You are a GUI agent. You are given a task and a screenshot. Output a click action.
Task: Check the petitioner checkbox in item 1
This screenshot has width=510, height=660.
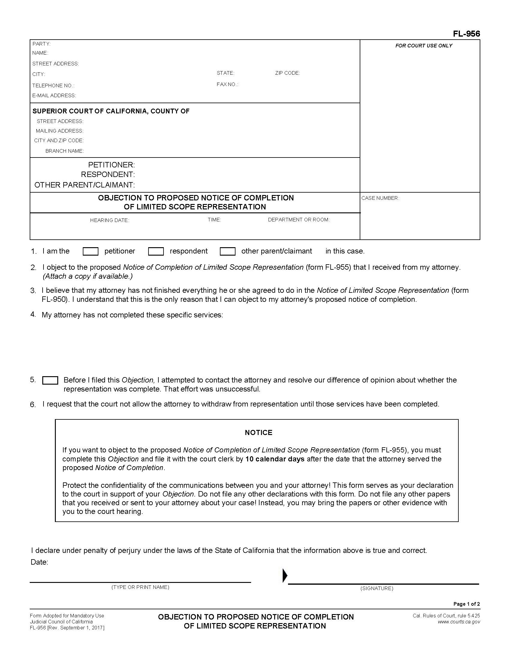pos(90,251)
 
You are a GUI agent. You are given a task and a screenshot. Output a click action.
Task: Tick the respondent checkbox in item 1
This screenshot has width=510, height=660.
pos(156,251)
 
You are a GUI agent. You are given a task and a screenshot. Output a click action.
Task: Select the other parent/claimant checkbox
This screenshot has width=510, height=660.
pos(227,251)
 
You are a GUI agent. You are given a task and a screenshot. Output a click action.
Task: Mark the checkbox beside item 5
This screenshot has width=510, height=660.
pos(50,380)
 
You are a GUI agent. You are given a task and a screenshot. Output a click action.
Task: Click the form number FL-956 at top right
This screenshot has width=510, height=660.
pos(466,34)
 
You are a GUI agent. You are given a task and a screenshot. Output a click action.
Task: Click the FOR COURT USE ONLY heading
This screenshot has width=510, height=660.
pos(424,46)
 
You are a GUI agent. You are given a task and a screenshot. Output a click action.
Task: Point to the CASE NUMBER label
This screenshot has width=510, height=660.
pos(380,198)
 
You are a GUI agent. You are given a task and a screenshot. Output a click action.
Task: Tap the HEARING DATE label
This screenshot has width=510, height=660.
pos(109,220)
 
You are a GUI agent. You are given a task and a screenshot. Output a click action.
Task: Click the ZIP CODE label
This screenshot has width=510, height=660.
pos(287,73)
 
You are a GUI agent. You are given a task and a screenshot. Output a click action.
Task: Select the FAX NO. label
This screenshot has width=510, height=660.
pos(227,84)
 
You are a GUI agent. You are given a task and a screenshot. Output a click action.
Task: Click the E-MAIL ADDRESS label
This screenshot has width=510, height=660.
pos(54,95)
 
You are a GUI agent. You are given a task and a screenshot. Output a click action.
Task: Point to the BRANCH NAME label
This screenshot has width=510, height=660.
pos(64,151)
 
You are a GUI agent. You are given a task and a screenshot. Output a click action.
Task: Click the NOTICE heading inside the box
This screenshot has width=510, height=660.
pos(258,432)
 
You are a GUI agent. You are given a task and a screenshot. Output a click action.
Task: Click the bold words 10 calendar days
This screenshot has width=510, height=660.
pos(274,459)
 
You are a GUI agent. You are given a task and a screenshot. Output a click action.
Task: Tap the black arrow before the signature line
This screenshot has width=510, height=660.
pos(285,575)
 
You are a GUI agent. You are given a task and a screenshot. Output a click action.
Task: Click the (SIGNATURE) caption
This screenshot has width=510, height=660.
pos(376,588)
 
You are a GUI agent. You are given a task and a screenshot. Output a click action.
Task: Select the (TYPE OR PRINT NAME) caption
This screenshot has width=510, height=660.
pos(140,587)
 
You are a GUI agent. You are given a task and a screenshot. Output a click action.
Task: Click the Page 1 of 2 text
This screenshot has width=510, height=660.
pos(466,604)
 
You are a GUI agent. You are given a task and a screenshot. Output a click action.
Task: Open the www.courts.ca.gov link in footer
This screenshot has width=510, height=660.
pos(459,622)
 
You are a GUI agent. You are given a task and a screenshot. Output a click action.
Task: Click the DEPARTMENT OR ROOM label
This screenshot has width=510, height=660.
pos(298,220)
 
